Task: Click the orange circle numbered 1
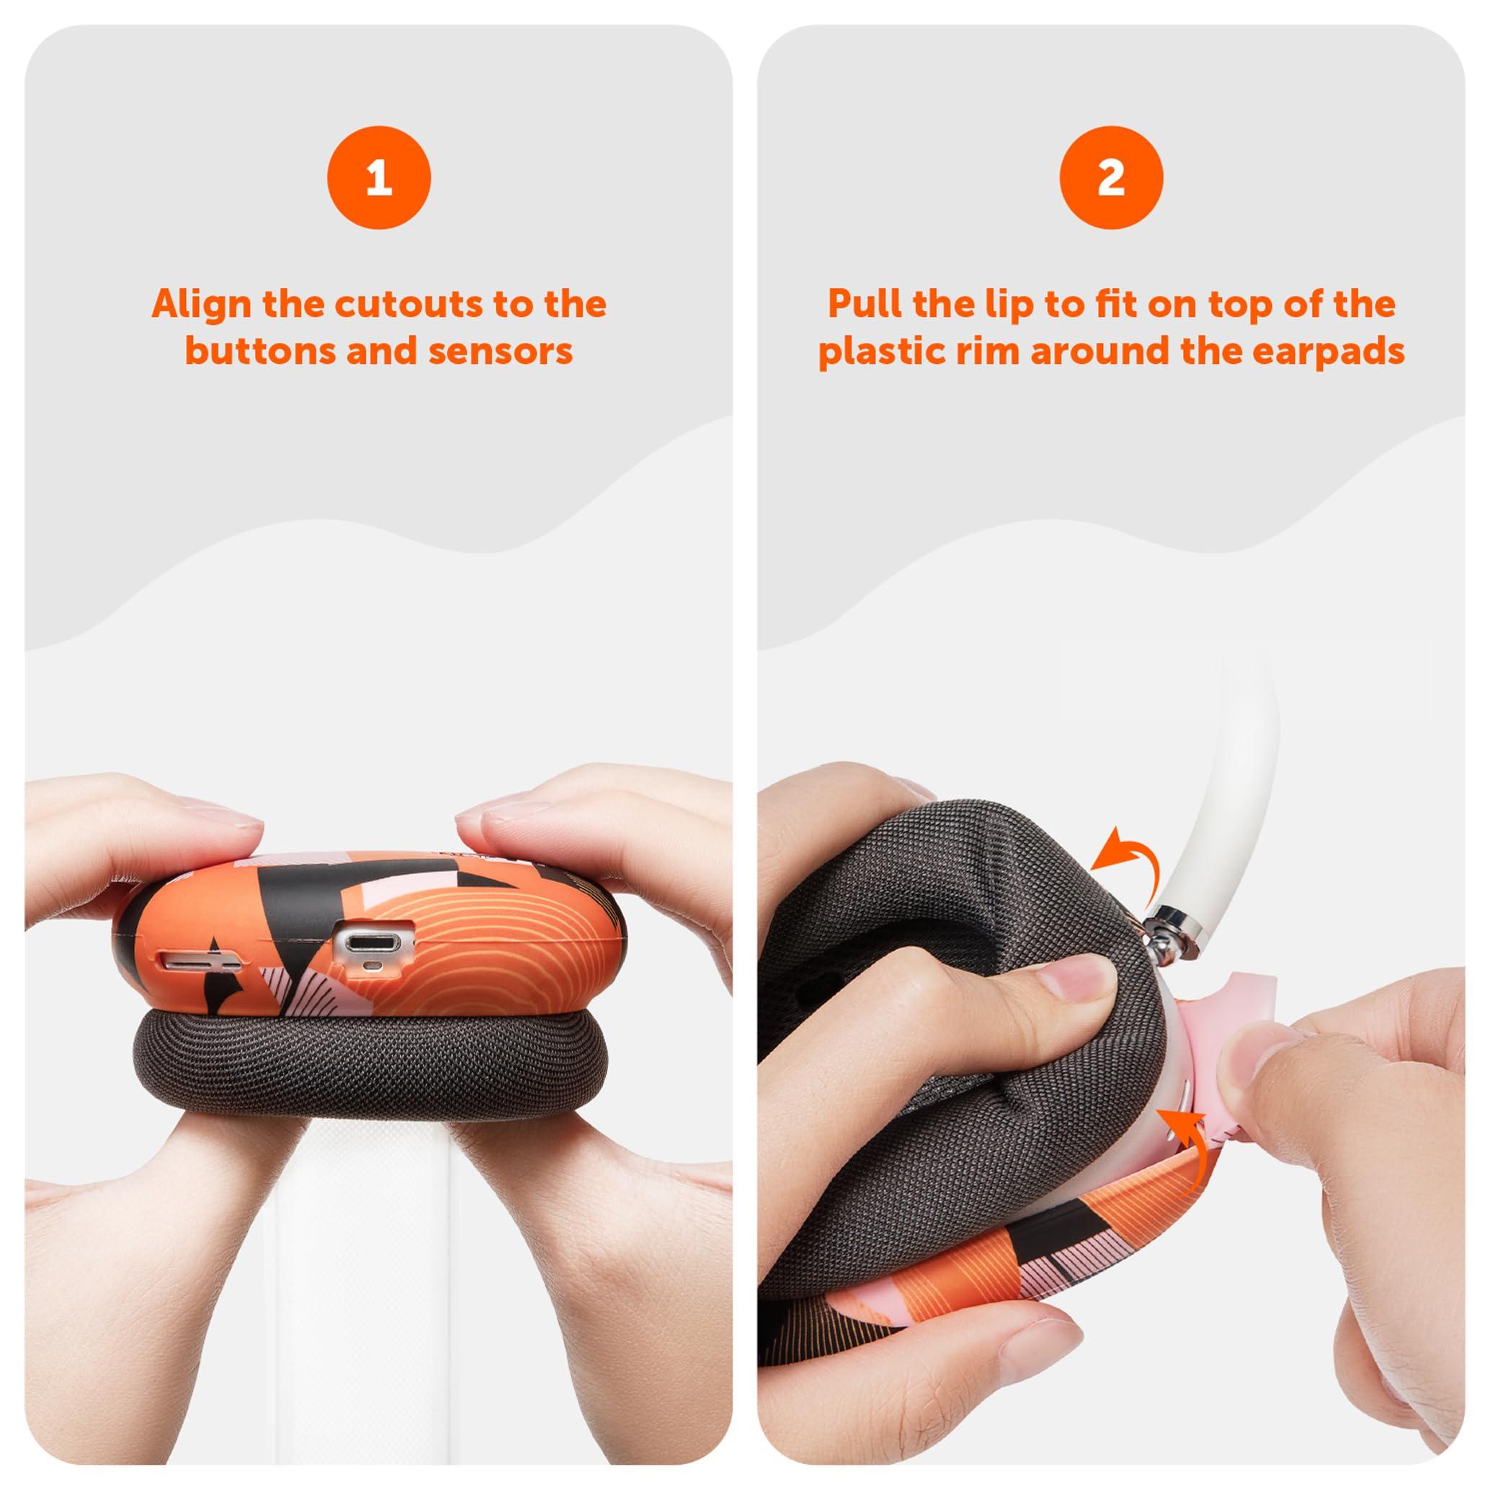tap(379, 177)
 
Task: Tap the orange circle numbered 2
tap(1110, 177)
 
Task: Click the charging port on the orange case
tap(372, 943)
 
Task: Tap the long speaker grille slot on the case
tap(199, 963)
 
